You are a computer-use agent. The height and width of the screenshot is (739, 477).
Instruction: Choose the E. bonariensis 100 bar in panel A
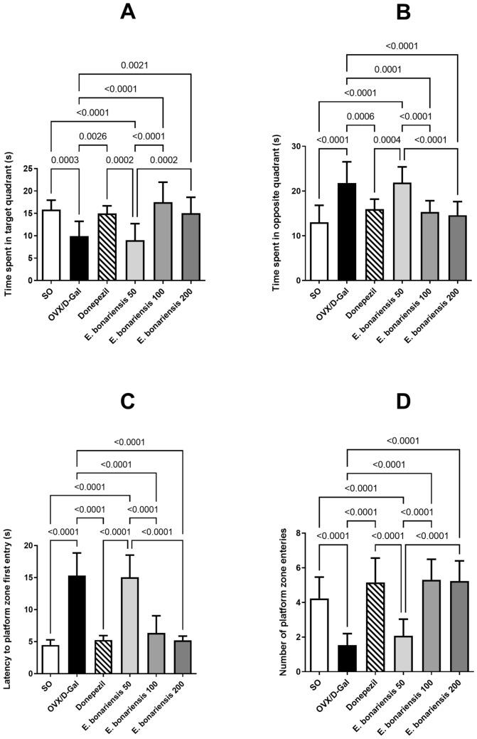(x=164, y=241)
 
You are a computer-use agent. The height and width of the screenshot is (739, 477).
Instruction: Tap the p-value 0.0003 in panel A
(x=64, y=142)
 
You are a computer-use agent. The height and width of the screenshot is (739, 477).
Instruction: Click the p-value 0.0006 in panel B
(x=361, y=117)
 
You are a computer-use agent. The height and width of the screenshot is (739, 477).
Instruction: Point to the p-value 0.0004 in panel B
(x=389, y=142)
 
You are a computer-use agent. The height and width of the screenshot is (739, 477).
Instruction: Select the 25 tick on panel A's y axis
(x=28, y=169)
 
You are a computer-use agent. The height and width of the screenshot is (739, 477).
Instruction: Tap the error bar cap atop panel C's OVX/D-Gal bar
(x=77, y=552)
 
